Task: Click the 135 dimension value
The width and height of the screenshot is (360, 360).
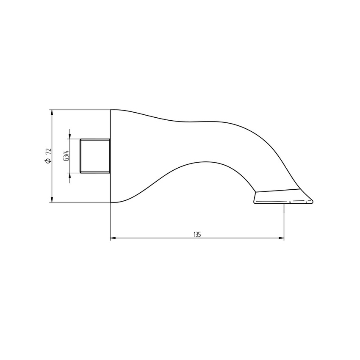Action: (197, 234)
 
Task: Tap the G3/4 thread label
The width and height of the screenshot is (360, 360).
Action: (66, 156)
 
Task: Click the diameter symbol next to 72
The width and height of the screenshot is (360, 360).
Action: (48, 161)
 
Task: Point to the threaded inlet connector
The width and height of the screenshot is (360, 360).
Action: (95, 156)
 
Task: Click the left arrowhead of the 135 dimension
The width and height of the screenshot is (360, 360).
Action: (113, 238)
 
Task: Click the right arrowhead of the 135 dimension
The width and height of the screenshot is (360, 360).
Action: (281, 238)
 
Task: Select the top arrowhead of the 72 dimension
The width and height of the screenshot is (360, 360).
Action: (52, 113)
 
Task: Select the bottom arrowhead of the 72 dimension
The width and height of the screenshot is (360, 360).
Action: (52, 199)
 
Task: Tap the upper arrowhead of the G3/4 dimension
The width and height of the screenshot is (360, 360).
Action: (70, 136)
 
